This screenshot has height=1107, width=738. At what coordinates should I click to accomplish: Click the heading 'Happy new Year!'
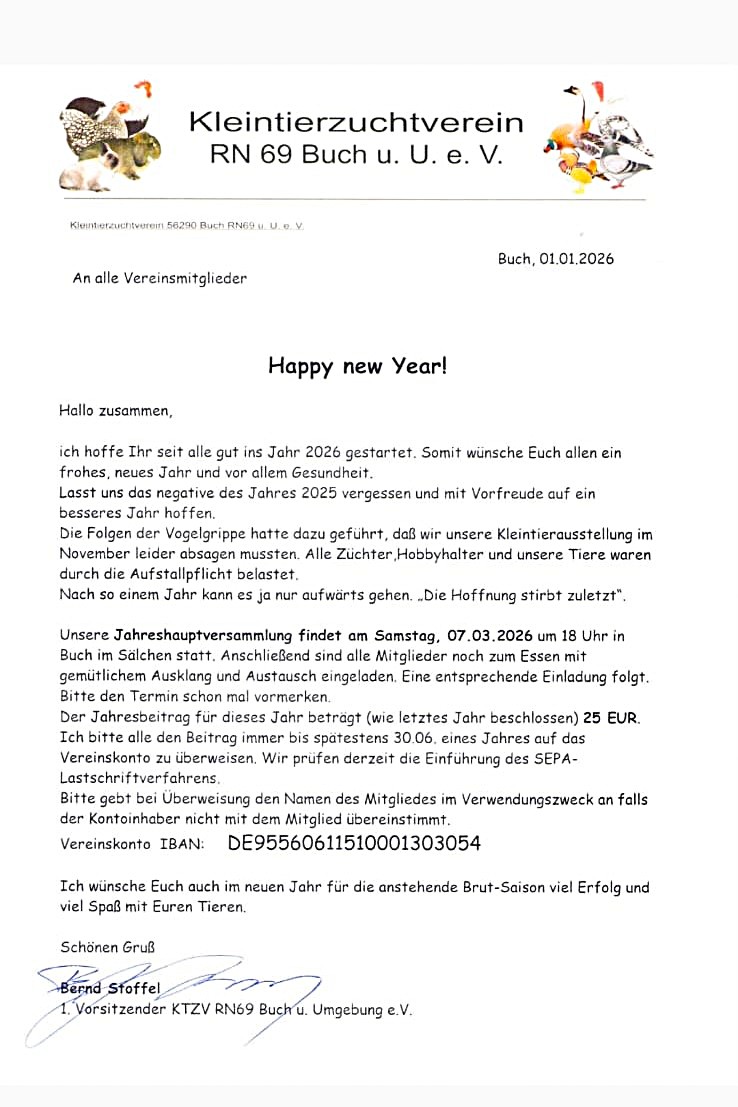tap(357, 366)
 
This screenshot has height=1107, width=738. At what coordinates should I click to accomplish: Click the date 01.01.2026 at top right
tap(577, 259)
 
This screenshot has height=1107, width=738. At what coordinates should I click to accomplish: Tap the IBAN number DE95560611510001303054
tap(354, 843)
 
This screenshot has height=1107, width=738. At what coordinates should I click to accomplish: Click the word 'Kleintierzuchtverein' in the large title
tap(356, 122)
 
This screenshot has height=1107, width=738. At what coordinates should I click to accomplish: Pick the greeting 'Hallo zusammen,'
tap(116, 410)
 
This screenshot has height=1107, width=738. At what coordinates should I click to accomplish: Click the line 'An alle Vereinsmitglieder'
tap(159, 279)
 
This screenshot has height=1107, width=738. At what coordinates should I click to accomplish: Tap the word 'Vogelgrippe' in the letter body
tap(189, 535)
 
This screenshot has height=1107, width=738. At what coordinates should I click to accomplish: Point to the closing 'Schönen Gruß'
tap(107, 946)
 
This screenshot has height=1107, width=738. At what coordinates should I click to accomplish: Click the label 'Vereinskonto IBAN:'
tap(132, 845)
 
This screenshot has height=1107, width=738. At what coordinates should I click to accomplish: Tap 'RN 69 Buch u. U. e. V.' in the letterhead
tap(356, 156)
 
